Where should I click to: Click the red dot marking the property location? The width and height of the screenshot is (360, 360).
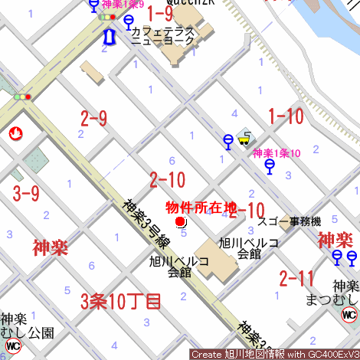point(181,222)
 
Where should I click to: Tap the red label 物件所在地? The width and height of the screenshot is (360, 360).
point(201,207)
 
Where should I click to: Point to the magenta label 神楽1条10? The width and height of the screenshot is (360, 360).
point(277,152)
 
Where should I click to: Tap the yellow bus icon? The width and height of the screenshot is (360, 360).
point(244,139)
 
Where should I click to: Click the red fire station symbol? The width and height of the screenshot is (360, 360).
point(14,135)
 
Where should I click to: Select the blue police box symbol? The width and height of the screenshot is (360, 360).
point(109,37)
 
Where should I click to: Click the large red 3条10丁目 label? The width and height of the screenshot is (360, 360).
point(121,301)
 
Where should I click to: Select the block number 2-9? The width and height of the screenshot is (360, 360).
point(93,119)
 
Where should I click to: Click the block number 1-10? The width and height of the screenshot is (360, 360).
point(285,116)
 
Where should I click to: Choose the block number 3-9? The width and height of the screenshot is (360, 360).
point(25,193)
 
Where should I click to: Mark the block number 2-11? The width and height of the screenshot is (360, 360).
point(296,277)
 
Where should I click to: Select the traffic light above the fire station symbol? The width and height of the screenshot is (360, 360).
point(22,97)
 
